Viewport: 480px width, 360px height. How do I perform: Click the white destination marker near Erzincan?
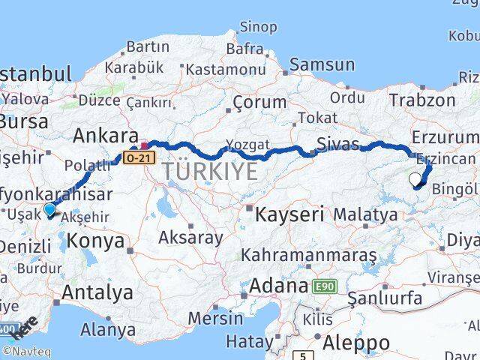(x=415, y=178)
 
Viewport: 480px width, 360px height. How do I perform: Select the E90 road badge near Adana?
(x=323, y=286)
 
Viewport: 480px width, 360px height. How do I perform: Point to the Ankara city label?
(x=105, y=136)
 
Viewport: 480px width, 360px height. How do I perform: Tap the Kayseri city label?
(x=289, y=214)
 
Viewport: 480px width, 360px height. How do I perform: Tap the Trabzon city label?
(x=421, y=99)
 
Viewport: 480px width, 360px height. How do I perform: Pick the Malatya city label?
(x=365, y=214)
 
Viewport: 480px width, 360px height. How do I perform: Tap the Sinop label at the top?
(x=258, y=27)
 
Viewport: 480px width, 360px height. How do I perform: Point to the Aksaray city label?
(x=190, y=238)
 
